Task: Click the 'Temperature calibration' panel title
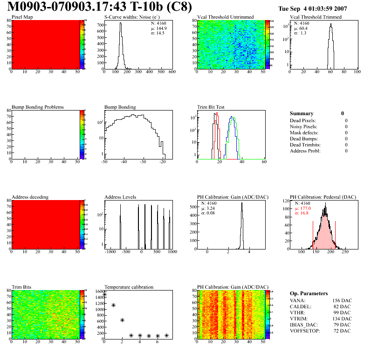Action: (129, 287)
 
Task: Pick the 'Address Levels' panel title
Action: (120, 197)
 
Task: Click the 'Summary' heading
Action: (302, 113)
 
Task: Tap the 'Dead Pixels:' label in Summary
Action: (303, 120)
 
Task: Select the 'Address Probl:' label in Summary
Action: (305, 151)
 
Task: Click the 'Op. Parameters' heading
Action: (309, 293)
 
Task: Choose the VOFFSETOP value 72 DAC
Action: (342, 331)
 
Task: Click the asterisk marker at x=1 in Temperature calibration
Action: (113, 305)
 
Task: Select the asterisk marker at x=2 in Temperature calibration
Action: (122, 320)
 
